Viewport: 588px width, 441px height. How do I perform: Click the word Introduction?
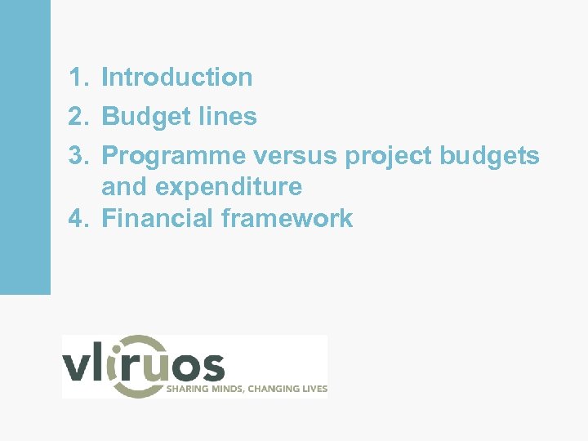point(176,78)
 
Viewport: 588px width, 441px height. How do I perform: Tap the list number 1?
point(77,78)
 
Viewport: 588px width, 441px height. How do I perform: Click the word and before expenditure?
point(126,187)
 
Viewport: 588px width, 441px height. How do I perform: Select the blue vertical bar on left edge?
point(24,147)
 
